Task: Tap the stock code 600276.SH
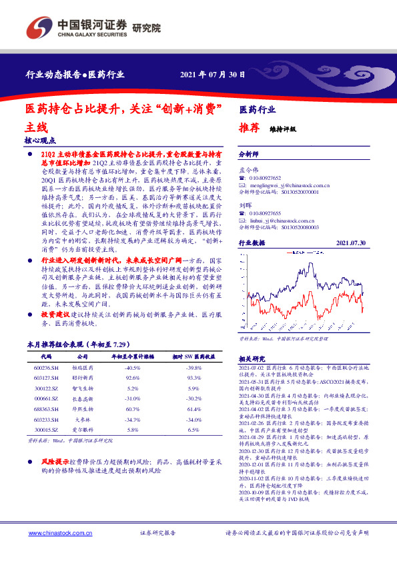[45, 368]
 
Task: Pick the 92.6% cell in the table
[132, 378]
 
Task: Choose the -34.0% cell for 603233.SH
[193, 420]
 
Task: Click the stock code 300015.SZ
[45, 430]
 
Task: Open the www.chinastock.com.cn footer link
[55, 534]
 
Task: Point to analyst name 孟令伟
[248, 171]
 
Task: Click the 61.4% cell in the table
[193, 408]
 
